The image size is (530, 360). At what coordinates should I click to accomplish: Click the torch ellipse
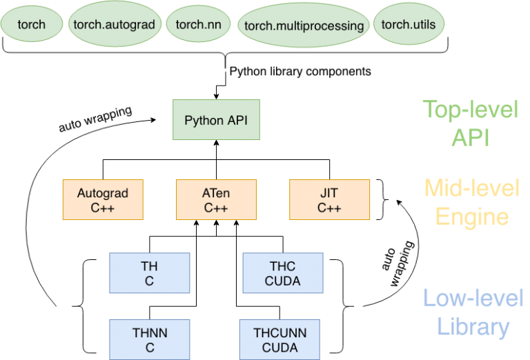(x=31, y=25)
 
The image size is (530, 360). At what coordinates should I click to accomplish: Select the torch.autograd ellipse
(x=115, y=25)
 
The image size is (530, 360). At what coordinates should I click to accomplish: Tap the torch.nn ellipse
(x=199, y=25)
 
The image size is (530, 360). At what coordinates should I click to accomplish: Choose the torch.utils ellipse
(x=409, y=25)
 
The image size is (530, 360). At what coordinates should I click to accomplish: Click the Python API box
(x=215, y=120)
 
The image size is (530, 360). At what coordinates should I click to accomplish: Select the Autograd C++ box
(x=103, y=200)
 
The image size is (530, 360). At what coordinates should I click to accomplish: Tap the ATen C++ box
(x=216, y=200)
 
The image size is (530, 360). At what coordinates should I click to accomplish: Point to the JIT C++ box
(x=329, y=200)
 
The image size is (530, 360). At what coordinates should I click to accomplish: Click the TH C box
(x=150, y=272)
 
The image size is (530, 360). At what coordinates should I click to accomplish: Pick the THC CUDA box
(x=282, y=272)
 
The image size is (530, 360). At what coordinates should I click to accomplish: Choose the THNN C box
(x=150, y=340)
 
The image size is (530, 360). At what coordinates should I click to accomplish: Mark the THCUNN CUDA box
(x=279, y=340)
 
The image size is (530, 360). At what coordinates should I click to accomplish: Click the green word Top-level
(x=470, y=110)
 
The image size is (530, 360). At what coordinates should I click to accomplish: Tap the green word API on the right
(x=470, y=137)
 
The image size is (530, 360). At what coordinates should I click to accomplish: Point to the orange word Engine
(x=473, y=217)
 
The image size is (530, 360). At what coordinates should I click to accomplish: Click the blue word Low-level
(x=473, y=299)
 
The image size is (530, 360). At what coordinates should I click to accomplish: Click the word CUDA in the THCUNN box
(x=279, y=347)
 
